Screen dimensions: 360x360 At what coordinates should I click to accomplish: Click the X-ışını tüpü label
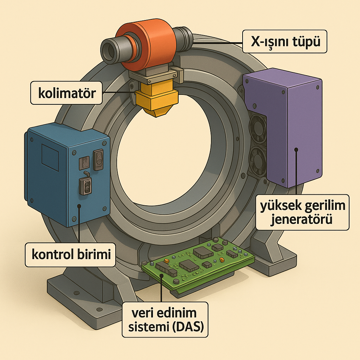[x=285, y=42]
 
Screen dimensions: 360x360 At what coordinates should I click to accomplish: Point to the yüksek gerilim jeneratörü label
[x=303, y=212]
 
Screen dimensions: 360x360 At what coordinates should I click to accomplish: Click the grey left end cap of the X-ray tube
[x=110, y=49]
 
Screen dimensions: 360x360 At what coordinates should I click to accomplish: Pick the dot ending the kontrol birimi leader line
[x=79, y=207]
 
